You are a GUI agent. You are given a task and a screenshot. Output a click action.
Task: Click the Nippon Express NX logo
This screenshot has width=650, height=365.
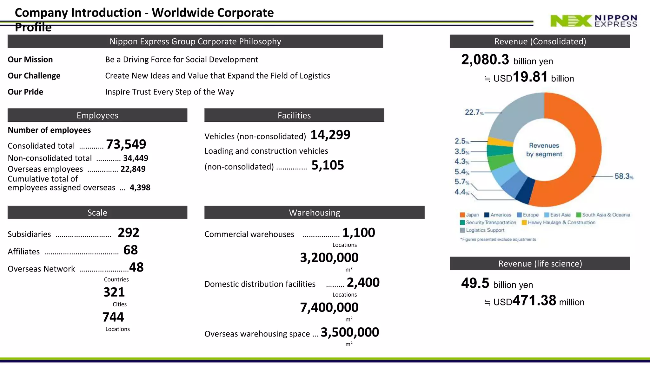(594, 21)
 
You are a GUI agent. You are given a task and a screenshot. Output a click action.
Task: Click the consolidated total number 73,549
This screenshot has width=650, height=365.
(126, 144)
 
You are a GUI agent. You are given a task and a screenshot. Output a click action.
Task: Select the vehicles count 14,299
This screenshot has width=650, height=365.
(330, 135)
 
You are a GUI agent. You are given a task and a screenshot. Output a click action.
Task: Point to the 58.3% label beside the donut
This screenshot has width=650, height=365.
(624, 176)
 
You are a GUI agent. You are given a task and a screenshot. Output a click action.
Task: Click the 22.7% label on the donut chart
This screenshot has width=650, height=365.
(474, 112)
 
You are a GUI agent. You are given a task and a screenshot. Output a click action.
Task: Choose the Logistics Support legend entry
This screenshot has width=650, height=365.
(482, 230)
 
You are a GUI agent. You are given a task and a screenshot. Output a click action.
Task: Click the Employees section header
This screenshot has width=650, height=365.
(97, 115)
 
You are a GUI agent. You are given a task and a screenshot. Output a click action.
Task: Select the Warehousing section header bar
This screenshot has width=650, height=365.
(315, 213)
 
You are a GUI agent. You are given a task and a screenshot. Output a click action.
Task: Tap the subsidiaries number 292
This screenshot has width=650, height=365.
(129, 233)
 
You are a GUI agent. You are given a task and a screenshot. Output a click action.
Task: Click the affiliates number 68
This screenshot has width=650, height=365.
(130, 250)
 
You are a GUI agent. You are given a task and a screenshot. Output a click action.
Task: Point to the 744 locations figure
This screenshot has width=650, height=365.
(113, 317)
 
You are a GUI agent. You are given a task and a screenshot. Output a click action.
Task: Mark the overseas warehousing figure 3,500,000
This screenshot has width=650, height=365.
(350, 332)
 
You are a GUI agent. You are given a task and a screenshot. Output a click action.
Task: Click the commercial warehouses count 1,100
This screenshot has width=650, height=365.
(359, 233)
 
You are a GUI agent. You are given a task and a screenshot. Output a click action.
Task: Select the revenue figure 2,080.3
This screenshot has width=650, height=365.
(485, 60)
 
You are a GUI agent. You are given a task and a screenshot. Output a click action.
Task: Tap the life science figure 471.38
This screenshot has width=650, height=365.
(534, 300)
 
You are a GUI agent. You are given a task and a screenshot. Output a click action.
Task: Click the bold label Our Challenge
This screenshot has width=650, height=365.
(34, 76)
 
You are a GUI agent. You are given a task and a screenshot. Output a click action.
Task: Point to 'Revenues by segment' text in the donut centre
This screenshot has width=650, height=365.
(544, 150)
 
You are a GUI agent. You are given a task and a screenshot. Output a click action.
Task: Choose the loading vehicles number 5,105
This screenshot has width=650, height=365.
(328, 165)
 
